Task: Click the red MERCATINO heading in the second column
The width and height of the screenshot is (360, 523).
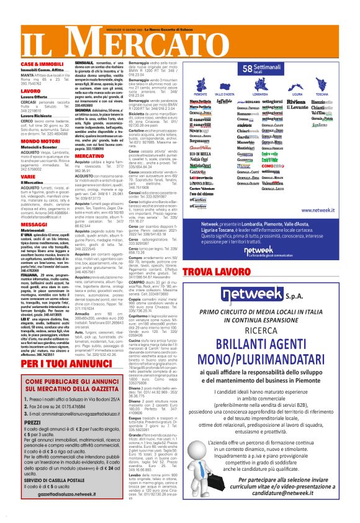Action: pos(89,140)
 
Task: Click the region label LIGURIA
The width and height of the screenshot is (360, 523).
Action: pos(301,93)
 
